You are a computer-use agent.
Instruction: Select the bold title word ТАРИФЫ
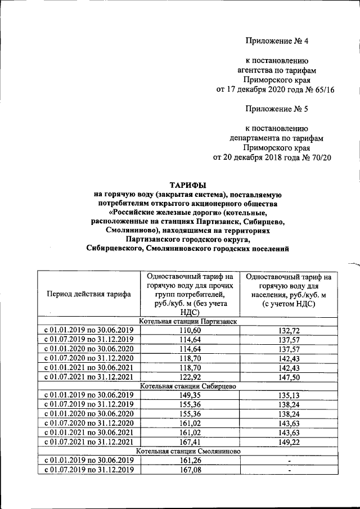pyautogui.click(x=188, y=185)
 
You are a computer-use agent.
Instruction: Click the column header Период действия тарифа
pyautogui.click(x=89, y=294)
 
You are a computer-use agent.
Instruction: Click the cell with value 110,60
pyautogui.click(x=189, y=330)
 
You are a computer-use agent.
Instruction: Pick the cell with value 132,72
pyautogui.click(x=288, y=330)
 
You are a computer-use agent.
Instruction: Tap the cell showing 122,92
pyautogui.click(x=189, y=377)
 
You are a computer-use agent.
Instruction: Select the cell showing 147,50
pyautogui.click(x=288, y=377)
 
